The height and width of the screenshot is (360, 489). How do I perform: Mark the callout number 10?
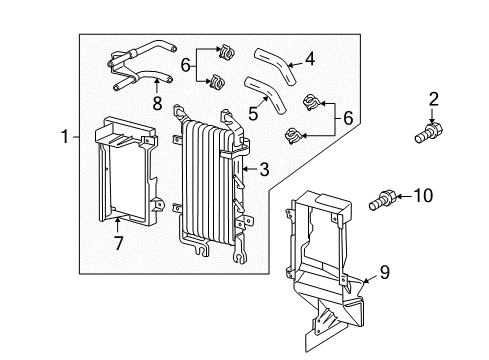click(423, 197)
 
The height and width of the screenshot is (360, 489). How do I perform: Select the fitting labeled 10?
click(381, 198)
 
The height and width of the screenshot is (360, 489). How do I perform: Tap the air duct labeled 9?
click(320, 260)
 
